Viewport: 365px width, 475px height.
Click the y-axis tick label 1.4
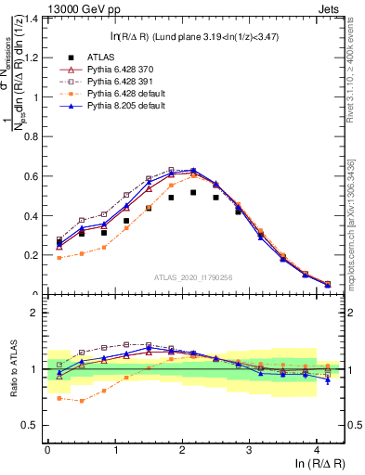point(30,19)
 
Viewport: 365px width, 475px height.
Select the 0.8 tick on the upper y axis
point(30,136)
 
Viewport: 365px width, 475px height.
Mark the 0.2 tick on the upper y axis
point(30,255)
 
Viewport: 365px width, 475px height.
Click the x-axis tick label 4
point(317,449)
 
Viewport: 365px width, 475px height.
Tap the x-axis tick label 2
point(182,449)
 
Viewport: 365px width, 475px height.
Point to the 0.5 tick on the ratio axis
point(30,426)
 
